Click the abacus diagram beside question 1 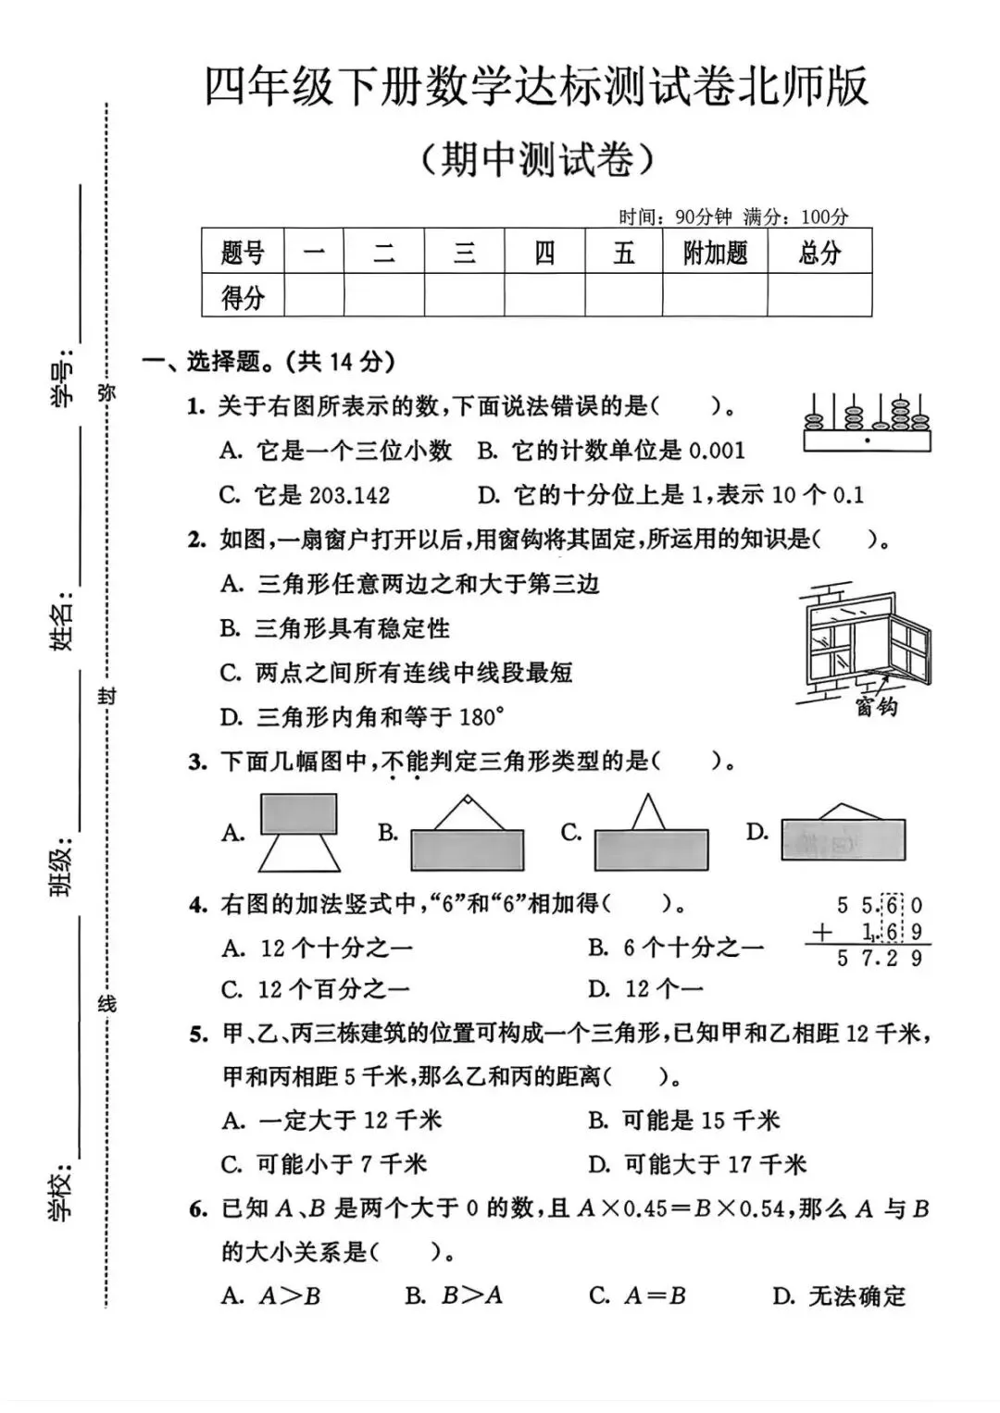click(x=867, y=423)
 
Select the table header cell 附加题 click(x=715, y=252)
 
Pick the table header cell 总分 click(x=819, y=252)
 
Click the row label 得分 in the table click(x=243, y=296)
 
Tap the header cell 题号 click(x=243, y=252)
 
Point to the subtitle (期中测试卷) click(x=536, y=159)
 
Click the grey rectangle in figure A click(x=298, y=814)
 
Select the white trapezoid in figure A click(x=299, y=853)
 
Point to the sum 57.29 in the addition click(x=878, y=959)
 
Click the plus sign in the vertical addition click(x=821, y=933)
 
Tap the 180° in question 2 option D click(x=482, y=716)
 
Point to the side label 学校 click(x=62, y=1195)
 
